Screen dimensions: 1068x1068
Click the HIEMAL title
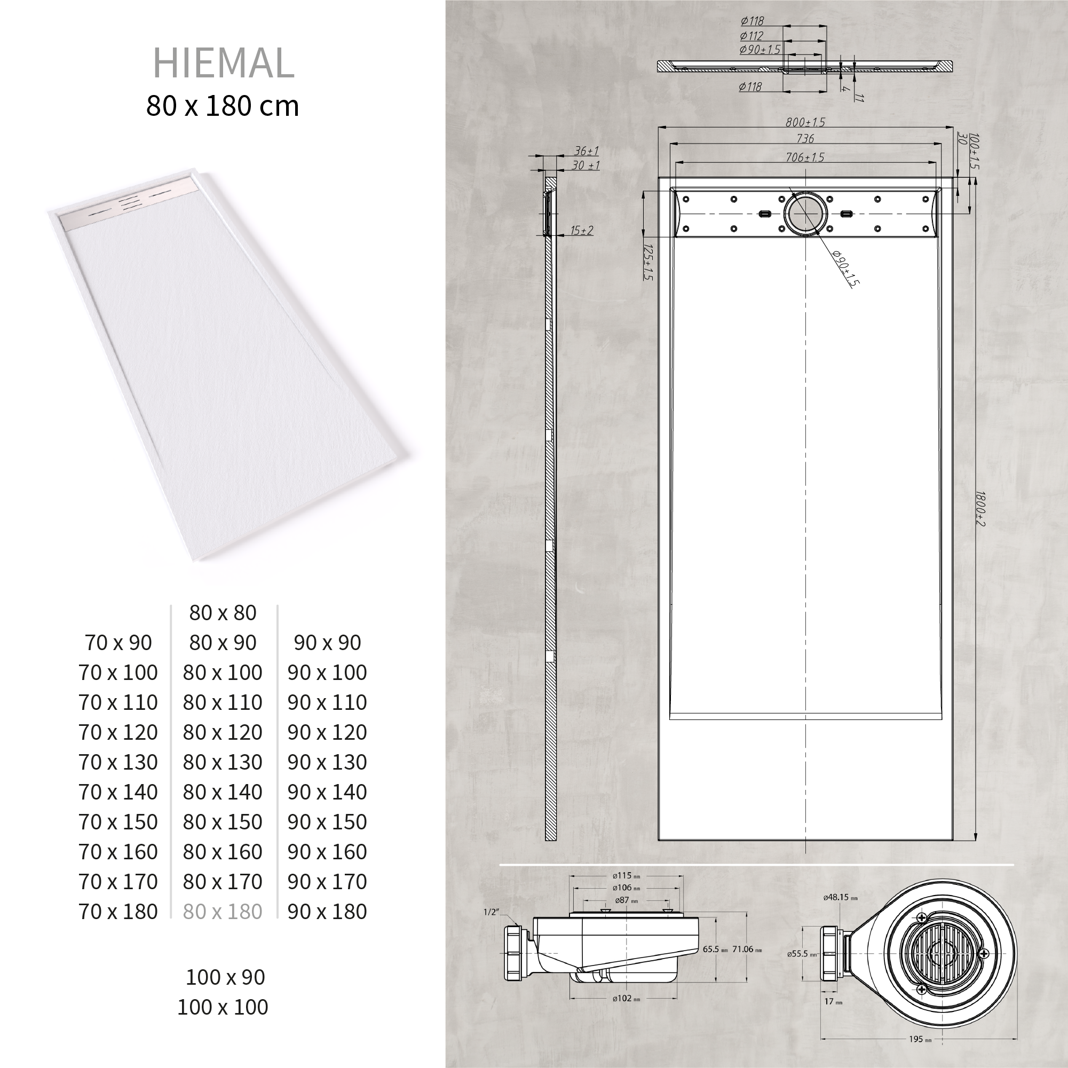(223, 63)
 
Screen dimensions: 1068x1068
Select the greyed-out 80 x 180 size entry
(222, 912)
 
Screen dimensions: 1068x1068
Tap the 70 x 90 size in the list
(118, 643)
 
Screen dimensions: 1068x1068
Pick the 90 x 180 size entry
(327, 912)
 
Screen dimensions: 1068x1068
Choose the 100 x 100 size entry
(222, 1007)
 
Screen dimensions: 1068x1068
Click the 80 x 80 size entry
(223, 613)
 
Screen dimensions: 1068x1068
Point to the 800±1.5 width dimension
(805, 122)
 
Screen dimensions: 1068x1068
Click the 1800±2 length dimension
(980, 509)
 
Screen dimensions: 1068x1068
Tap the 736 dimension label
(805, 139)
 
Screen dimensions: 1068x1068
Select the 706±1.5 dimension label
(805, 157)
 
